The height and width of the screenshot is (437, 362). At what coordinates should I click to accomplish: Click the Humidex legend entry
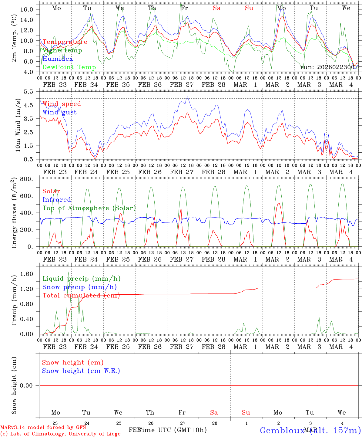click(x=58, y=59)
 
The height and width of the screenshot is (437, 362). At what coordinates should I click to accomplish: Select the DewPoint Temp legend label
click(x=69, y=67)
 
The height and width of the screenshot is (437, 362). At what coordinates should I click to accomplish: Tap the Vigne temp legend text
click(x=62, y=50)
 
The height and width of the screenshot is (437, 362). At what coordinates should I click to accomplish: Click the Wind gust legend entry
click(x=59, y=112)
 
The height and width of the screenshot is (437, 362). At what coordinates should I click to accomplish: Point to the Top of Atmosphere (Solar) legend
click(x=89, y=208)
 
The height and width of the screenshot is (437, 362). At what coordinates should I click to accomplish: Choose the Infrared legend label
click(x=57, y=200)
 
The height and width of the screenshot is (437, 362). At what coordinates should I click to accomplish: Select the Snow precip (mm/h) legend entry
click(x=79, y=287)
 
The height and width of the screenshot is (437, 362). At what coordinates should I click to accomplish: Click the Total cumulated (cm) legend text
click(x=81, y=296)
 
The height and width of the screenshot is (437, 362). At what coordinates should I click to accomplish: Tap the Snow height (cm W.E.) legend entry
click(x=81, y=371)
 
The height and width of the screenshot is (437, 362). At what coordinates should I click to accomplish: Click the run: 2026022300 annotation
click(x=327, y=67)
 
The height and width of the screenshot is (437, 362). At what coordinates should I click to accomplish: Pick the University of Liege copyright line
click(x=60, y=434)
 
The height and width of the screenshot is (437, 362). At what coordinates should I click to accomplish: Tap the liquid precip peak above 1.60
click(x=68, y=272)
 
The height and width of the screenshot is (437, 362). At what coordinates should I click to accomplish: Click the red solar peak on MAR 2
click(x=279, y=203)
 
